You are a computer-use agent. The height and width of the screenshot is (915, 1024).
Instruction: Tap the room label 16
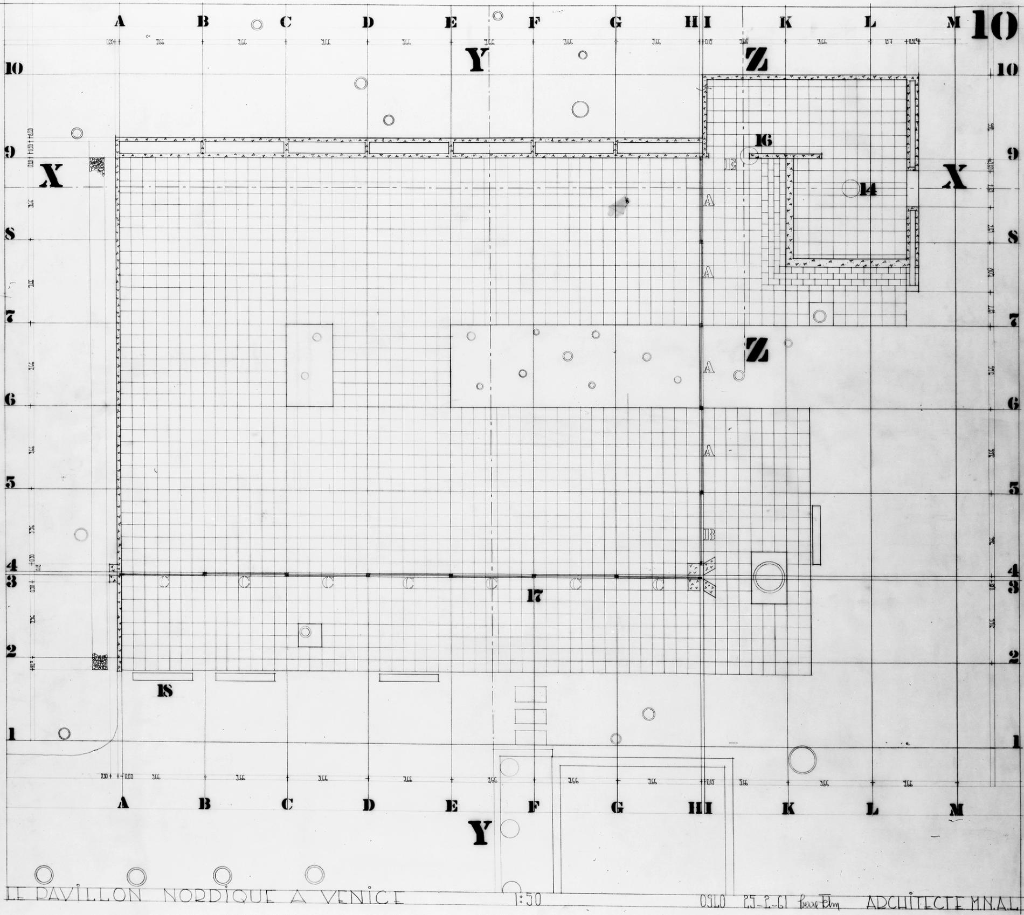(763, 141)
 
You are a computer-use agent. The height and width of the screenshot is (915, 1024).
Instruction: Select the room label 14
(868, 190)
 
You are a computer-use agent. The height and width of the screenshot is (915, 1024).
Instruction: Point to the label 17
(534, 595)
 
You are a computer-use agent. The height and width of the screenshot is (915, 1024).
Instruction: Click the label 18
(165, 691)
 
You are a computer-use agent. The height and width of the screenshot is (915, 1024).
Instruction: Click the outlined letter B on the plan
(709, 535)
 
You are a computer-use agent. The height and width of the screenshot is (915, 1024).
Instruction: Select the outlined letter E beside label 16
(730, 165)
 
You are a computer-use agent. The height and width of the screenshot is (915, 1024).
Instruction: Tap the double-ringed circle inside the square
(769, 577)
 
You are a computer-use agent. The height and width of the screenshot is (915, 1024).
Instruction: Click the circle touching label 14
(851, 189)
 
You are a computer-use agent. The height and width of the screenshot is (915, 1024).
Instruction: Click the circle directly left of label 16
(749, 156)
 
